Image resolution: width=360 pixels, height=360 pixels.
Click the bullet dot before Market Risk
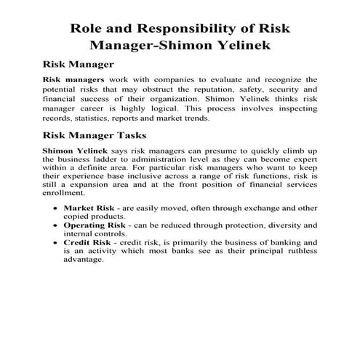tap(57, 209)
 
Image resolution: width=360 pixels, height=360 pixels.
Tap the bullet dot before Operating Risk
tap(57, 227)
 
